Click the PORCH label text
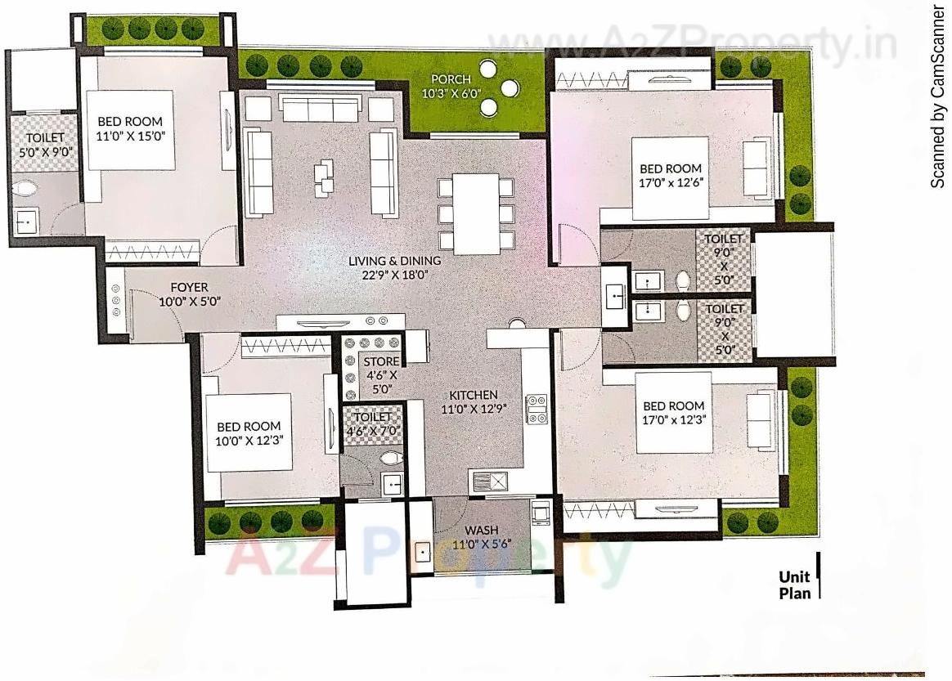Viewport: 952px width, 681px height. click(446, 79)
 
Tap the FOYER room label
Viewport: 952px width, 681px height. click(189, 288)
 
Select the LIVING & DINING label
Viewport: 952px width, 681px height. click(395, 261)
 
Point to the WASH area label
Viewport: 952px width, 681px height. click(482, 530)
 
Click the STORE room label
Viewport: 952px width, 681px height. click(381, 361)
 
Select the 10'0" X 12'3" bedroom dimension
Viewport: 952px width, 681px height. click(249, 441)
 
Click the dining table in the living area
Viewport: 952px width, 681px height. click(476, 214)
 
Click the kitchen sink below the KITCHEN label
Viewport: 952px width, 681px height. click(488, 480)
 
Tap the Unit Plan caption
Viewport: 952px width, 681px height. click(794, 585)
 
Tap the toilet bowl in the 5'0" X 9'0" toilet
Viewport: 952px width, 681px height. click(26, 189)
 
